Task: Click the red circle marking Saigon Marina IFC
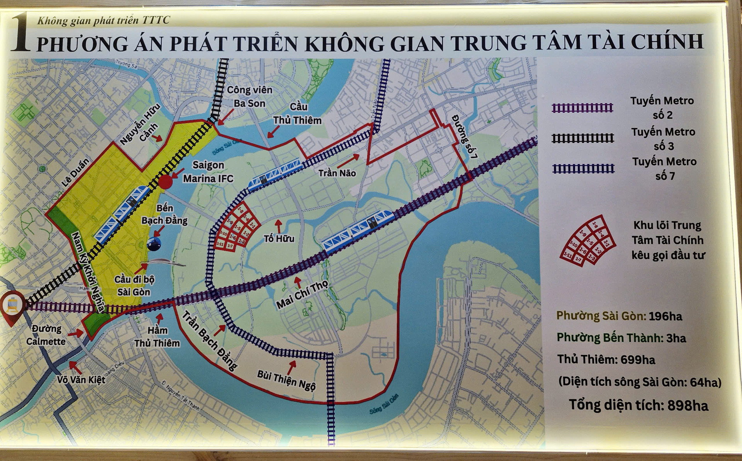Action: pyautogui.click(x=165, y=182)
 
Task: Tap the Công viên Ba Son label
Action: pyautogui.click(x=249, y=97)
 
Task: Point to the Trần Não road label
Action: pyautogui.click(x=337, y=173)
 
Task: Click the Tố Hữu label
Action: pyautogui.click(x=279, y=238)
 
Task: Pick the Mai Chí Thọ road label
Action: pyautogui.click(x=302, y=294)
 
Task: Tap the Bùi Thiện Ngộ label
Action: pyautogui.click(x=286, y=380)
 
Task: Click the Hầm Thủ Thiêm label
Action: pyautogui.click(x=157, y=337)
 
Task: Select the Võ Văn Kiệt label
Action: pyautogui.click(x=81, y=379)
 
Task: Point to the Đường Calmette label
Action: pyautogui.click(x=46, y=335)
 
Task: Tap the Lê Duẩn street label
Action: pyautogui.click(x=75, y=173)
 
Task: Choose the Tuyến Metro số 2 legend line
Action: pyautogui.click(x=582, y=108)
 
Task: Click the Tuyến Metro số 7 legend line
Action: pyautogui.click(x=583, y=168)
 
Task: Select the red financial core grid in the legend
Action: pyautogui.click(x=587, y=240)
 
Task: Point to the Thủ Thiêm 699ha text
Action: pyautogui.click(x=606, y=360)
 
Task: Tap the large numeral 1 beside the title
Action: pyautogui.click(x=20, y=33)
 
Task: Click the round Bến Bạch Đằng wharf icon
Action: pyautogui.click(x=154, y=244)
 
